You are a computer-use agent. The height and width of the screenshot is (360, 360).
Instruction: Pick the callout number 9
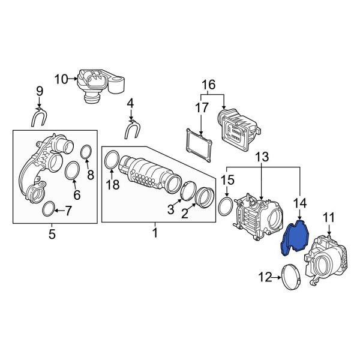pos(40,91)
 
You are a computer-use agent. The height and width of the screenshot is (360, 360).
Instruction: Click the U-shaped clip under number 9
pos(40,116)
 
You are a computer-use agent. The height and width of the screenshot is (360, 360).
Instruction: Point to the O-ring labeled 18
pos(112,160)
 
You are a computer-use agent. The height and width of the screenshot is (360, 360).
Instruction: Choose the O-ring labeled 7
pos(52,209)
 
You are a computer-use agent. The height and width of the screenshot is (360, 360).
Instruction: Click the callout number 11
pos(328,217)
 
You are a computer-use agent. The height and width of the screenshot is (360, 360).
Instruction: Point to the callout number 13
pos(262,158)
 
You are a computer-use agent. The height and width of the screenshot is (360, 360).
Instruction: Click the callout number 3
pos(170,209)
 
